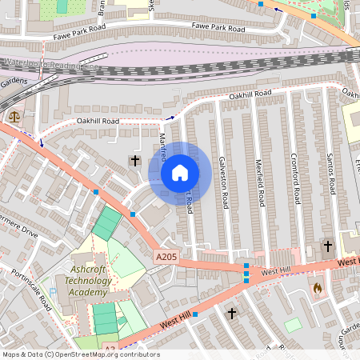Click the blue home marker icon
pos(180,173)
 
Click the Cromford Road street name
pos(294,178)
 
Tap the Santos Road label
pos(329,172)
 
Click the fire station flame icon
pos(318,287)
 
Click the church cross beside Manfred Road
pos(135,162)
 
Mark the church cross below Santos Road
pos(327,245)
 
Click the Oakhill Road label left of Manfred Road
pos(98,121)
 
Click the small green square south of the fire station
pos(293,324)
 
